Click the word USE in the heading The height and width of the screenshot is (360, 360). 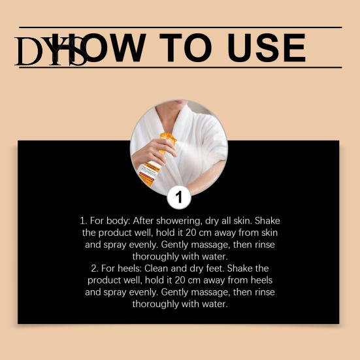coord(267,48)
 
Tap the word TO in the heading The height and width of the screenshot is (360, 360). coord(186,48)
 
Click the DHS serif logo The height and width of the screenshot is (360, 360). coord(51,51)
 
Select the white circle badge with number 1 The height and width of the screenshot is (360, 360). coord(179,197)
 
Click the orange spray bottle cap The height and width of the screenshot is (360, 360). coord(169,139)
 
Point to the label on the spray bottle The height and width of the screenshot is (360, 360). coord(149,172)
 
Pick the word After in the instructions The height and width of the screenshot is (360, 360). coord(143,221)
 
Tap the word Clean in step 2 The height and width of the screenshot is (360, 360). coord(156,269)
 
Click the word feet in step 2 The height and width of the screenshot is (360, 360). coord(215,269)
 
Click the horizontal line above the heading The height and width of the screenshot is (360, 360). coord(180,27)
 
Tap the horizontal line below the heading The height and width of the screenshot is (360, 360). coord(180,67)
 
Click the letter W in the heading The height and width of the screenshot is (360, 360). coord(128,48)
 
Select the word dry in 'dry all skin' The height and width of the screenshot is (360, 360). coord(212,221)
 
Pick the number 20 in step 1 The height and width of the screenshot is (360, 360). coord(191,233)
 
